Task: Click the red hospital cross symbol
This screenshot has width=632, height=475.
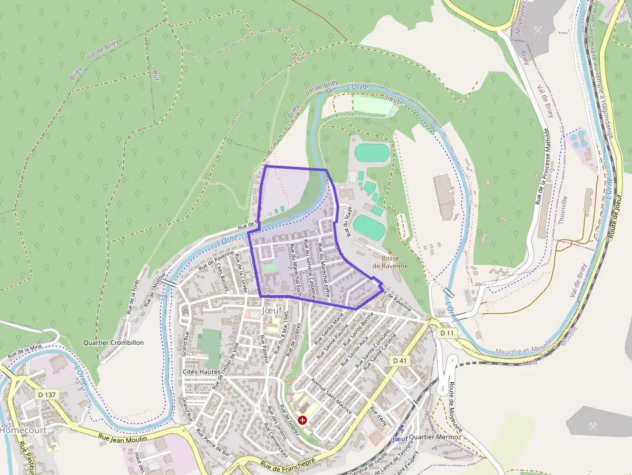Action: point(302,420)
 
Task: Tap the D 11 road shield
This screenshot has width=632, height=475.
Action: point(446,333)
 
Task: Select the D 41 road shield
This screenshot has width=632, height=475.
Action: point(400,361)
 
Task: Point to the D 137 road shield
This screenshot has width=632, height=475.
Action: point(47,394)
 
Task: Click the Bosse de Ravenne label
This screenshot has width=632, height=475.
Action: point(390,262)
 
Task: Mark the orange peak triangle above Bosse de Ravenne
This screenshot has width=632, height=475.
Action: point(390,251)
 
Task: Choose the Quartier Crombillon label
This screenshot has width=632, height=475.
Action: point(114,342)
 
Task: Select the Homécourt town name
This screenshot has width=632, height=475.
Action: point(19,429)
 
